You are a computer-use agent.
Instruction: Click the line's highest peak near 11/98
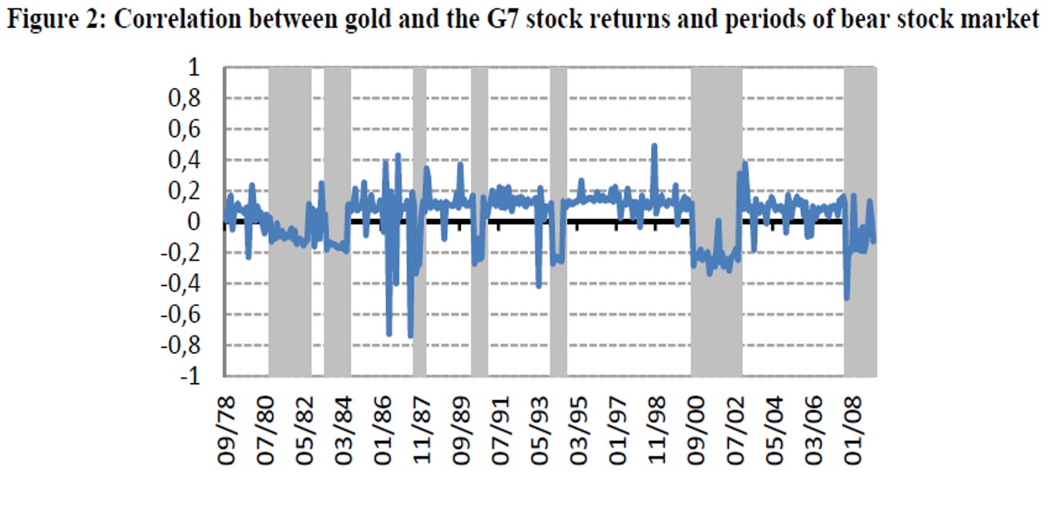tap(654, 146)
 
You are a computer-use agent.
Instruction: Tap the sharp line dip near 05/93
tap(539, 286)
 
